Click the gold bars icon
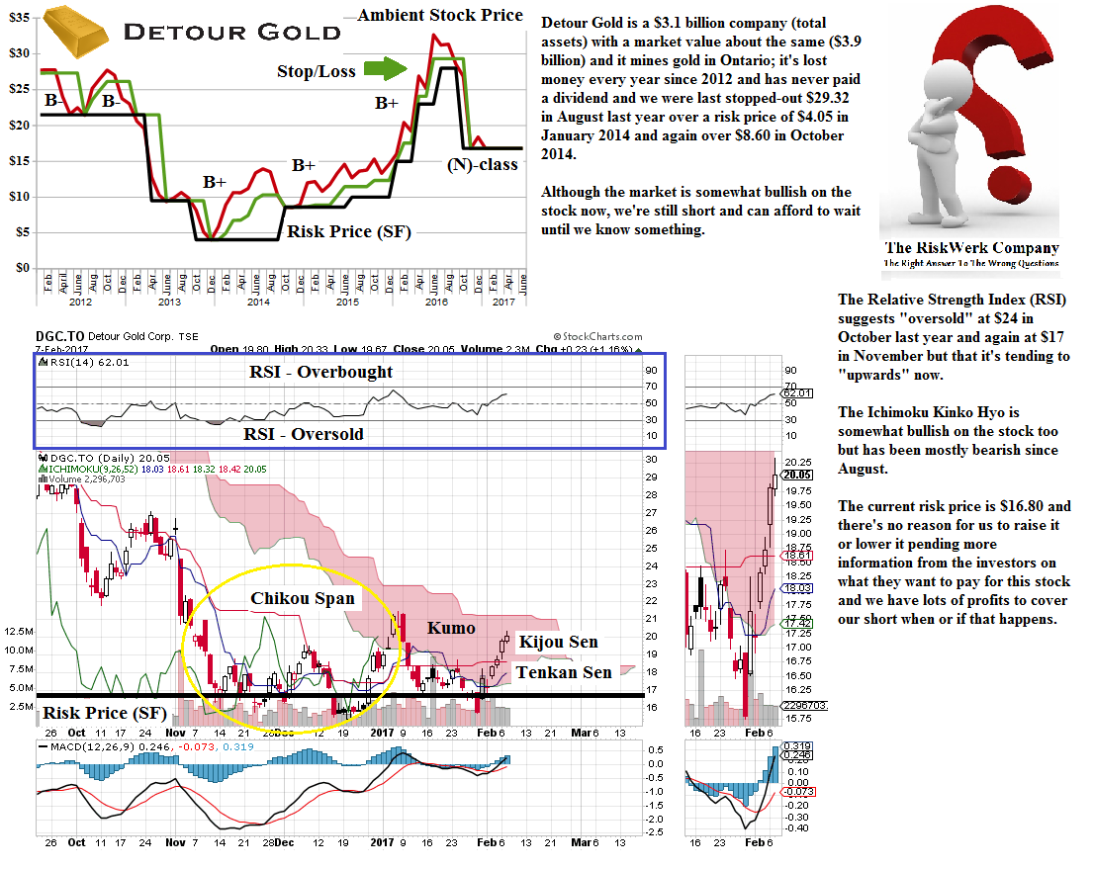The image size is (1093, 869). [x=78, y=35]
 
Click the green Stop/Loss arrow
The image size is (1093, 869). [x=386, y=69]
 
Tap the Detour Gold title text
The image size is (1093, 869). [x=231, y=32]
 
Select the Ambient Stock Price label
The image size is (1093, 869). [x=440, y=15]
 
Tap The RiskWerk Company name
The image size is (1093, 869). [x=970, y=248]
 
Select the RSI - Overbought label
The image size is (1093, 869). [x=319, y=372]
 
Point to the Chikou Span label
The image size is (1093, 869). [x=302, y=598]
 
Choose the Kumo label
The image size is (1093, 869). [x=450, y=628]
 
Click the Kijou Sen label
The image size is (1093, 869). [x=558, y=643]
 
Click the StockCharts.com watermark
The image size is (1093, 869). [x=597, y=337]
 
